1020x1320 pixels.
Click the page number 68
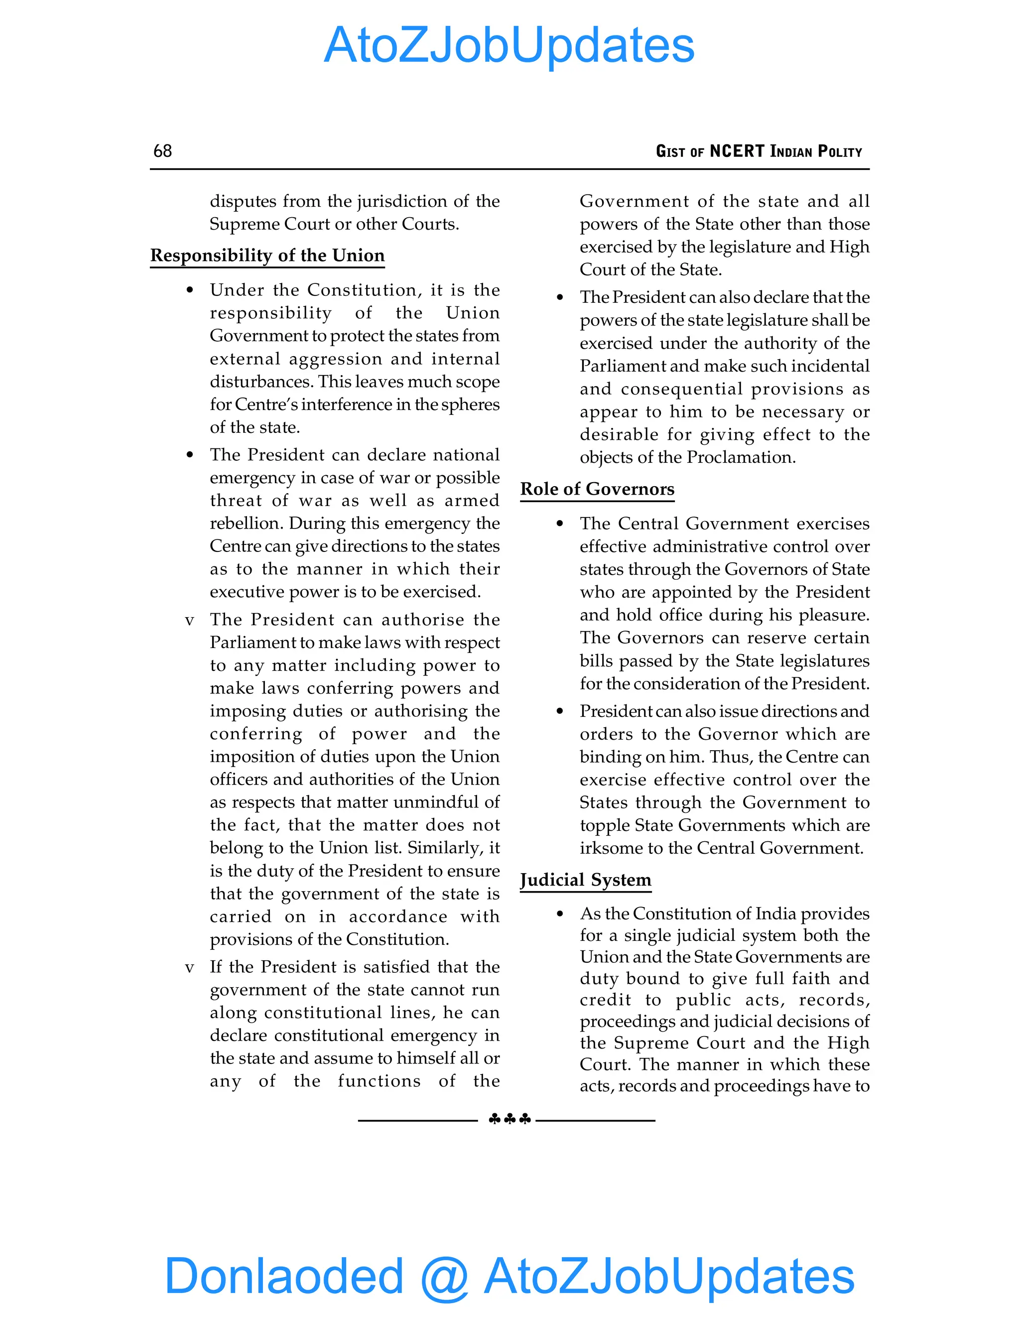[162, 151]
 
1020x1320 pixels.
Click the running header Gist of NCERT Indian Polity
[759, 151]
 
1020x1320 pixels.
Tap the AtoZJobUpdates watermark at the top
[510, 45]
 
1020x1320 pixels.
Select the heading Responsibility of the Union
[267, 256]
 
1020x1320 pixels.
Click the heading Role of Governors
[597, 489]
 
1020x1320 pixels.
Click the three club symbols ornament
[510, 1119]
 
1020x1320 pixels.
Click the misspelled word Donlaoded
[284, 1277]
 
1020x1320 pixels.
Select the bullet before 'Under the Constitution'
[190, 291]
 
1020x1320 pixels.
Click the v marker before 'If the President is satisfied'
[190, 968]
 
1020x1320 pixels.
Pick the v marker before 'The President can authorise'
[190, 621]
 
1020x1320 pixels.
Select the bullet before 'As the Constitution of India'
[560, 915]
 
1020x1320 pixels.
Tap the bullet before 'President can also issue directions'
[560, 712]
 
